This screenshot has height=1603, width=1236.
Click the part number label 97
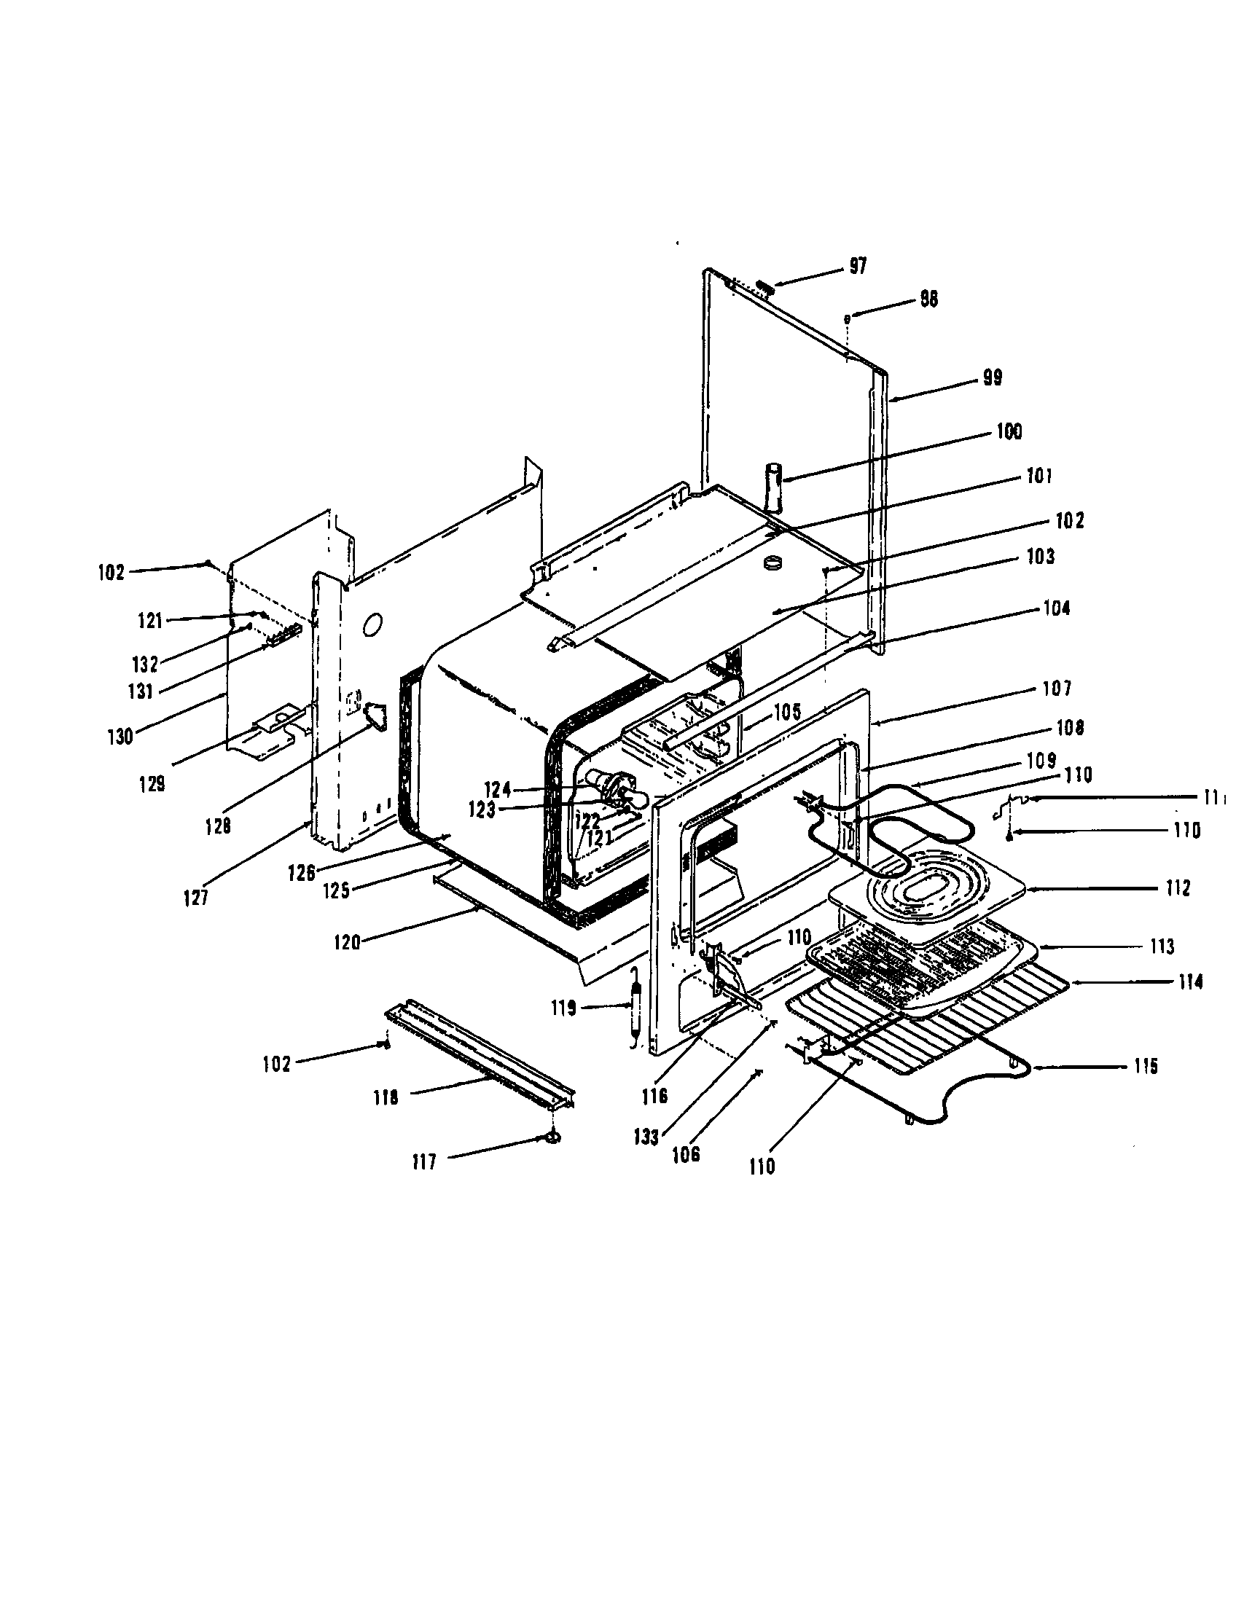[x=858, y=267]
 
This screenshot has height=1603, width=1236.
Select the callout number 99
[x=993, y=378]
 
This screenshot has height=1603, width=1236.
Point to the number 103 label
[x=1040, y=557]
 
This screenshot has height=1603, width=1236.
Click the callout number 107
[x=1057, y=689]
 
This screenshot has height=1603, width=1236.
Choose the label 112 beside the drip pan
[x=1177, y=888]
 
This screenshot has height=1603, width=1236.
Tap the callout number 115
[x=1144, y=1067]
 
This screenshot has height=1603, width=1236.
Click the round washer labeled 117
[x=552, y=1137]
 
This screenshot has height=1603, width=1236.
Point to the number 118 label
[x=386, y=1098]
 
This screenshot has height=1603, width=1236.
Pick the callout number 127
[x=196, y=898]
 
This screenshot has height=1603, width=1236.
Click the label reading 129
[x=152, y=784]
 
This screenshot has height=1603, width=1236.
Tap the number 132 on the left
[x=145, y=665]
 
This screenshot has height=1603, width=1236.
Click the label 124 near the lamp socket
[x=497, y=790]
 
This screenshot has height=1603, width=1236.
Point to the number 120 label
[x=346, y=941]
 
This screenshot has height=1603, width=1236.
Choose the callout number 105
[x=786, y=710]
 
